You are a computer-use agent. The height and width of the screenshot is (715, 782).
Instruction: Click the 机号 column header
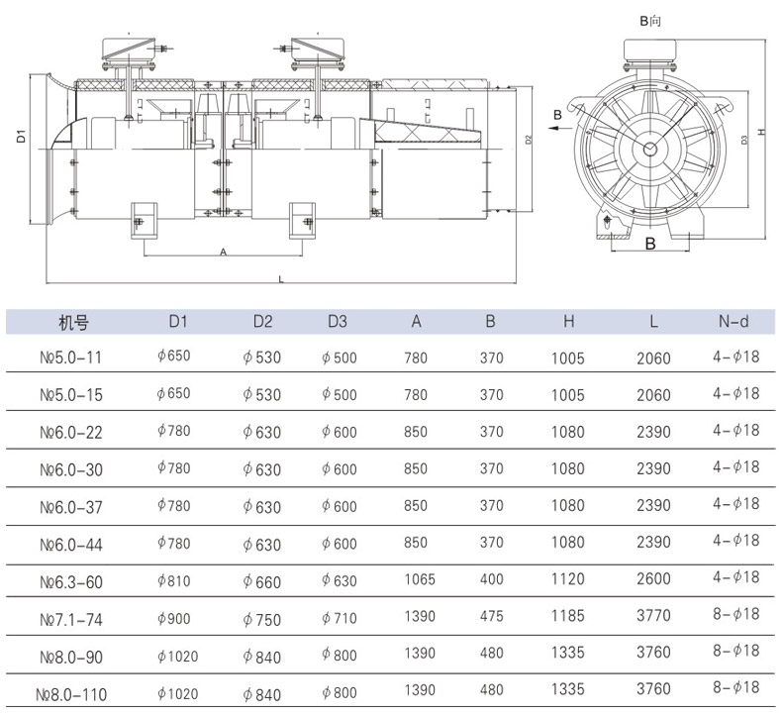[73, 323]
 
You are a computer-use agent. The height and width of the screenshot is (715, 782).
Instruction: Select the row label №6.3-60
[71, 582]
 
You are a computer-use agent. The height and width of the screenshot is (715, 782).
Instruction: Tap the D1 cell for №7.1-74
[174, 619]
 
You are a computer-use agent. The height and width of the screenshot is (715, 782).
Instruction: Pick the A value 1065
[420, 579]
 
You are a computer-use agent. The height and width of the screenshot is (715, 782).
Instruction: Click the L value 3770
[653, 615]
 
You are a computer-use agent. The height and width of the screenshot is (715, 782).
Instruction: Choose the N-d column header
[733, 321]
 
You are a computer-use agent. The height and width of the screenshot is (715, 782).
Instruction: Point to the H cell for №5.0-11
[567, 358]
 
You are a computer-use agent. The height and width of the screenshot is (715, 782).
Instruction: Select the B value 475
[491, 616]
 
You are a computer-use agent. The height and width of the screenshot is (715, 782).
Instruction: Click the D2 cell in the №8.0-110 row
[262, 694]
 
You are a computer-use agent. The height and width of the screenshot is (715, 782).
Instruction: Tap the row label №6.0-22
[71, 432]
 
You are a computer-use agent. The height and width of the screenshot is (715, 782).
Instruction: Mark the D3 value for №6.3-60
[340, 580]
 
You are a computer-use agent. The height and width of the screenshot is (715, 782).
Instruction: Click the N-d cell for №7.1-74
[735, 614]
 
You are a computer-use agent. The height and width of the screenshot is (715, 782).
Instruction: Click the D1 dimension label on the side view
[21, 136]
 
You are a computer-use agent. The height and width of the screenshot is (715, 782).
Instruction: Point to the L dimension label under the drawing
[281, 279]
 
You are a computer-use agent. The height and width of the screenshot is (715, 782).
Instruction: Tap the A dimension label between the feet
[223, 253]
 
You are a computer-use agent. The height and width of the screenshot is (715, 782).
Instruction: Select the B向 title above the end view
[650, 21]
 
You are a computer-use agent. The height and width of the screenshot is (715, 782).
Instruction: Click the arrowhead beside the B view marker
[553, 128]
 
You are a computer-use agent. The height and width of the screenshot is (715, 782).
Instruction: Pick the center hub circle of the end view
[649, 149]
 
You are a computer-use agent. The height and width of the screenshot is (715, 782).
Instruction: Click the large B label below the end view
[650, 244]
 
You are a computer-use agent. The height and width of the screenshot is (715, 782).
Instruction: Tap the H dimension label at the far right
[761, 132]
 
